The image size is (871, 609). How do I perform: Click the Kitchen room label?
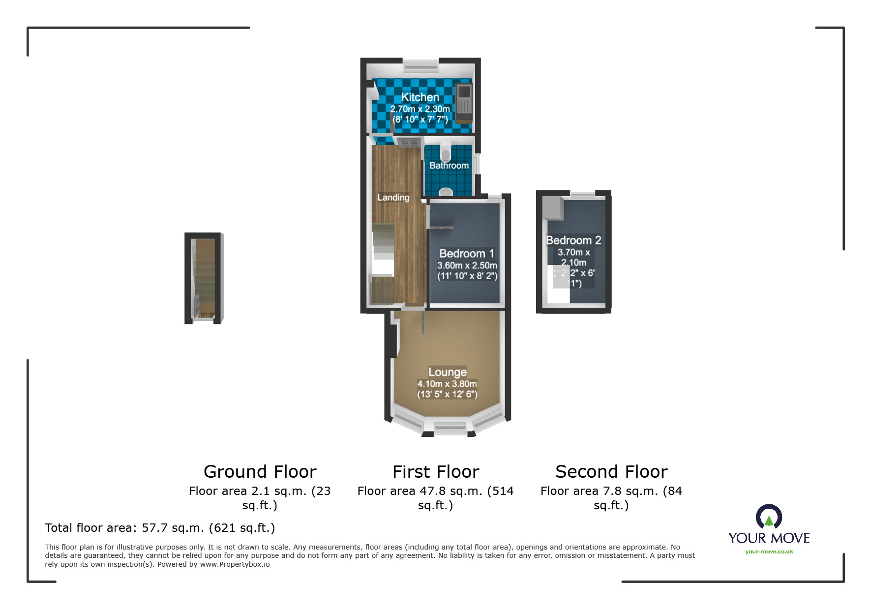(x=420, y=97)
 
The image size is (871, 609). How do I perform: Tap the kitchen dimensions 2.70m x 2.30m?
(x=420, y=109)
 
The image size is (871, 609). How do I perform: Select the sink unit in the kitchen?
(x=464, y=103)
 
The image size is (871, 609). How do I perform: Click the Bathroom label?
(x=449, y=166)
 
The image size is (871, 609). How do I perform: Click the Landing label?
(x=393, y=198)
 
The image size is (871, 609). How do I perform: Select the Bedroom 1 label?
(x=466, y=254)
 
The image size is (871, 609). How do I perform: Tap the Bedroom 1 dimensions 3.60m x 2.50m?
(x=467, y=265)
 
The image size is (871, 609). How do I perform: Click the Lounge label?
(x=447, y=372)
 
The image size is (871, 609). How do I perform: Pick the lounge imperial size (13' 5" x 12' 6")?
(x=447, y=394)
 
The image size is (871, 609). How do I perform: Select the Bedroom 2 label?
(x=573, y=240)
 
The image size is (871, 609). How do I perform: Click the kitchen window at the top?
(x=420, y=65)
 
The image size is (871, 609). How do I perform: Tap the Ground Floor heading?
(x=260, y=472)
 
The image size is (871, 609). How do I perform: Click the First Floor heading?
(x=436, y=472)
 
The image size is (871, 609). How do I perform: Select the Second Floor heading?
(x=611, y=472)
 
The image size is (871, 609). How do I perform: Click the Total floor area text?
(x=160, y=528)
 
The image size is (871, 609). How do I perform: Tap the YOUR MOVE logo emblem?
(x=769, y=517)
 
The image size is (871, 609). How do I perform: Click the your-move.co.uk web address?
(x=769, y=551)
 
